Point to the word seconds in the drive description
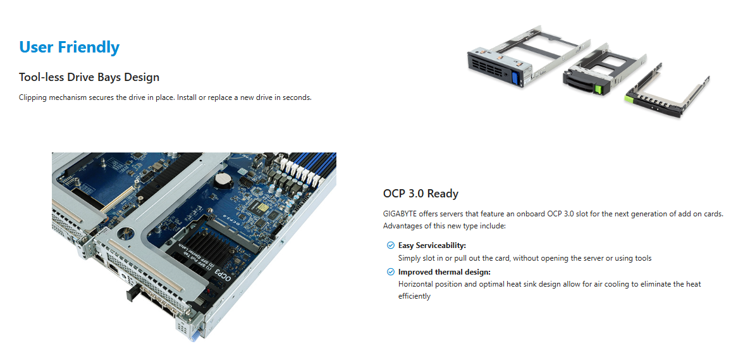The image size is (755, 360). coord(297,97)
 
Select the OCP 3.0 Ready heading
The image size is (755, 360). coord(420,194)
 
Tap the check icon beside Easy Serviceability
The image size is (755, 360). coord(390,245)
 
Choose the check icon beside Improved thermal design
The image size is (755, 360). coord(390,272)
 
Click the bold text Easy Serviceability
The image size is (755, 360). coord(432,245)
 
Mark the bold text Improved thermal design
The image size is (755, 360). coord(444,272)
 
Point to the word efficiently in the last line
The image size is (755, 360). coord(414,296)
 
